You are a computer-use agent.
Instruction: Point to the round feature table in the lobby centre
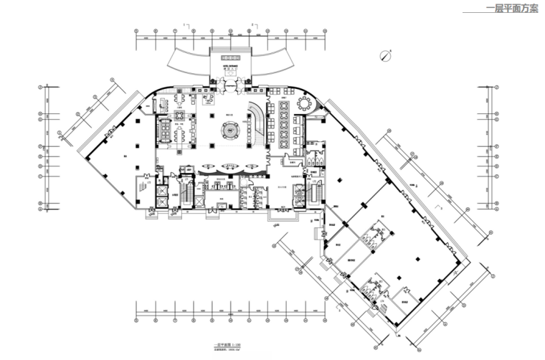(232, 129)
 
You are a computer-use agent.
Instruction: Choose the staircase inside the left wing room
(141, 186)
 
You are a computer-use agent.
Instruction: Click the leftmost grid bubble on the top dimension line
(137, 30)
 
